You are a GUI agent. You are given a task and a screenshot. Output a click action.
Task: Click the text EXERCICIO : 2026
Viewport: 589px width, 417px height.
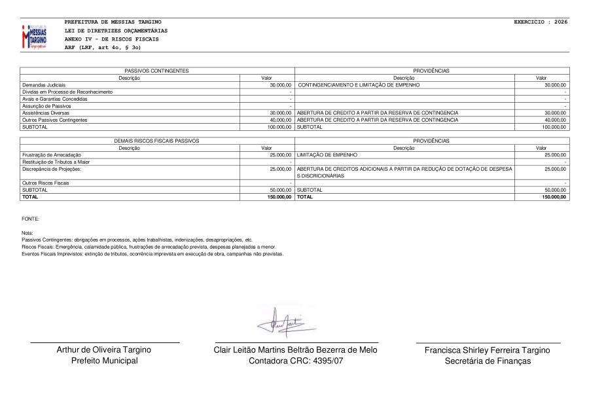541,22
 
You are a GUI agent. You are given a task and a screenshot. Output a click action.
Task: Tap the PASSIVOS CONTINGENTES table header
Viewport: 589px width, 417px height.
157,70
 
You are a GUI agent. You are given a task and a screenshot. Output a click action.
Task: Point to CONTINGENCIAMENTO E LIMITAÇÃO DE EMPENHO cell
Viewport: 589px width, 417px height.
359,85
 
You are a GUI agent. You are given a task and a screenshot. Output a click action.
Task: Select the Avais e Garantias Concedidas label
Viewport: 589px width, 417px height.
54,99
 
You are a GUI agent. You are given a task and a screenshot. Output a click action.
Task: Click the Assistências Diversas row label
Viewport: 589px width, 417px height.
44,113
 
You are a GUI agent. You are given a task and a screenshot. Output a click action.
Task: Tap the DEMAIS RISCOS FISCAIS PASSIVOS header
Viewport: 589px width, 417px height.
157,141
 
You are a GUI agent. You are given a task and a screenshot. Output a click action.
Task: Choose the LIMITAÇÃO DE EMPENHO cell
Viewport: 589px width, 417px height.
327,154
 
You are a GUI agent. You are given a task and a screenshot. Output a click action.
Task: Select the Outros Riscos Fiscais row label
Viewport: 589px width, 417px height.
45,183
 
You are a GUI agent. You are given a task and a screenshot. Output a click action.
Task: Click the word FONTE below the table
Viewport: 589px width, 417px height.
30,218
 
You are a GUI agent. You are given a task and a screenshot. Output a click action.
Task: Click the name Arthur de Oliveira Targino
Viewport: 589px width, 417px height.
105,350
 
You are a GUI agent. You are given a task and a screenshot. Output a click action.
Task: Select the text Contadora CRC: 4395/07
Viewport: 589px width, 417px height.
296,361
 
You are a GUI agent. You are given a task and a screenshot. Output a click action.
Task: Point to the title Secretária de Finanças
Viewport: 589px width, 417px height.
488,361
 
